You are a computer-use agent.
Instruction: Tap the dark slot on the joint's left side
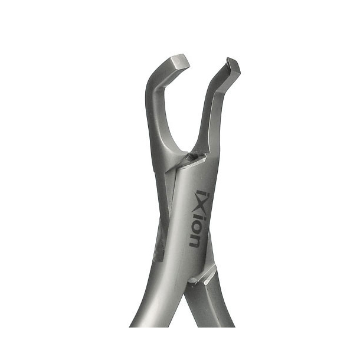[x=158, y=247]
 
